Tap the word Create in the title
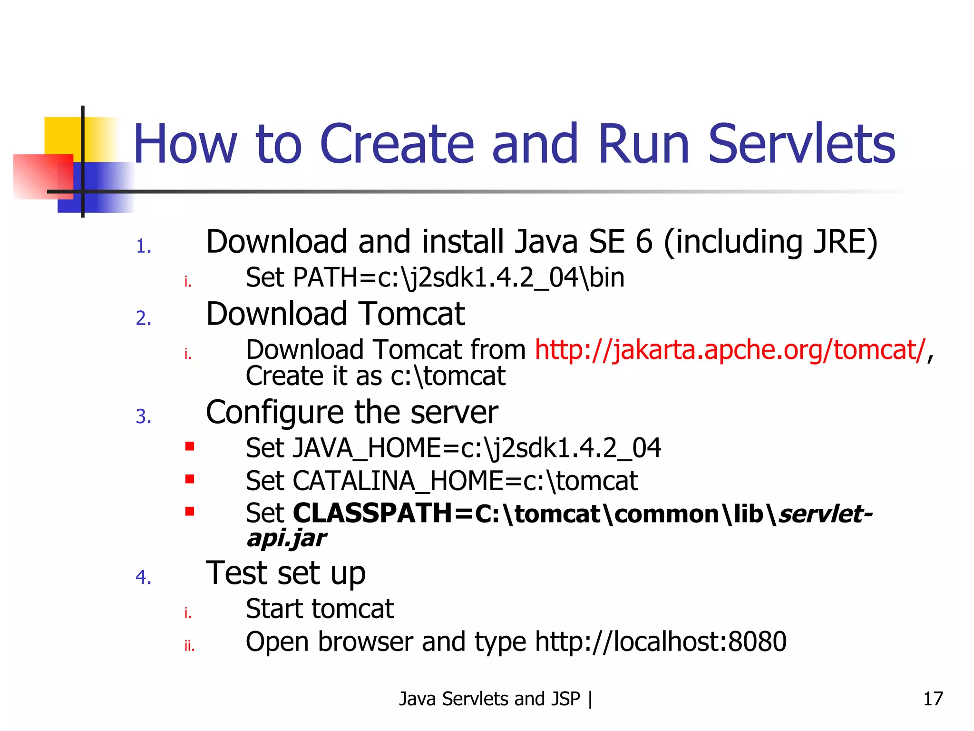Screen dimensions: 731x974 coord(397,144)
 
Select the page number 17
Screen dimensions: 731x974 coord(933,699)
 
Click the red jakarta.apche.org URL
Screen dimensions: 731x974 coord(730,350)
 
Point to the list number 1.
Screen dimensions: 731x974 coord(143,247)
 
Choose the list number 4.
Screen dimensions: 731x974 coord(143,577)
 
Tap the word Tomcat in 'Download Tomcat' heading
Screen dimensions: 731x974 coord(411,314)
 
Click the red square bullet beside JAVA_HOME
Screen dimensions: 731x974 coord(190,446)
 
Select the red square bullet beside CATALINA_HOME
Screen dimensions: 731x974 coord(190,479)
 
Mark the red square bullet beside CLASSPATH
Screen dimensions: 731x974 coord(190,512)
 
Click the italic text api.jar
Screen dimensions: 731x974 coord(286,538)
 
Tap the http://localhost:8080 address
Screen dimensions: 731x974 coord(661,642)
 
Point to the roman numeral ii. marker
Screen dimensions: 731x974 coord(189,646)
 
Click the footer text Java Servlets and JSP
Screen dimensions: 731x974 coord(489,699)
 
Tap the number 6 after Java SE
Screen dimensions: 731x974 coord(644,242)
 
